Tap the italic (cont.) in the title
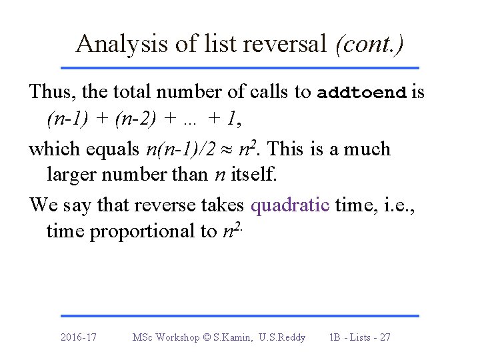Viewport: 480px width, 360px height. pos(370,44)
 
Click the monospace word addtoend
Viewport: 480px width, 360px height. pos(362,92)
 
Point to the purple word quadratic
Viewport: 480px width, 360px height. pos(290,204)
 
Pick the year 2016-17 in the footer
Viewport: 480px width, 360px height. pos(78,337)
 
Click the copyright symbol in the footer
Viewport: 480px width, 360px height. pos(207,337)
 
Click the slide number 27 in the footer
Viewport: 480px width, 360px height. pos(384,337)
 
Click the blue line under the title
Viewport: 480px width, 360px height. pos(240,68)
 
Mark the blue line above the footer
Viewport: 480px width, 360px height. pos(240,315)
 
